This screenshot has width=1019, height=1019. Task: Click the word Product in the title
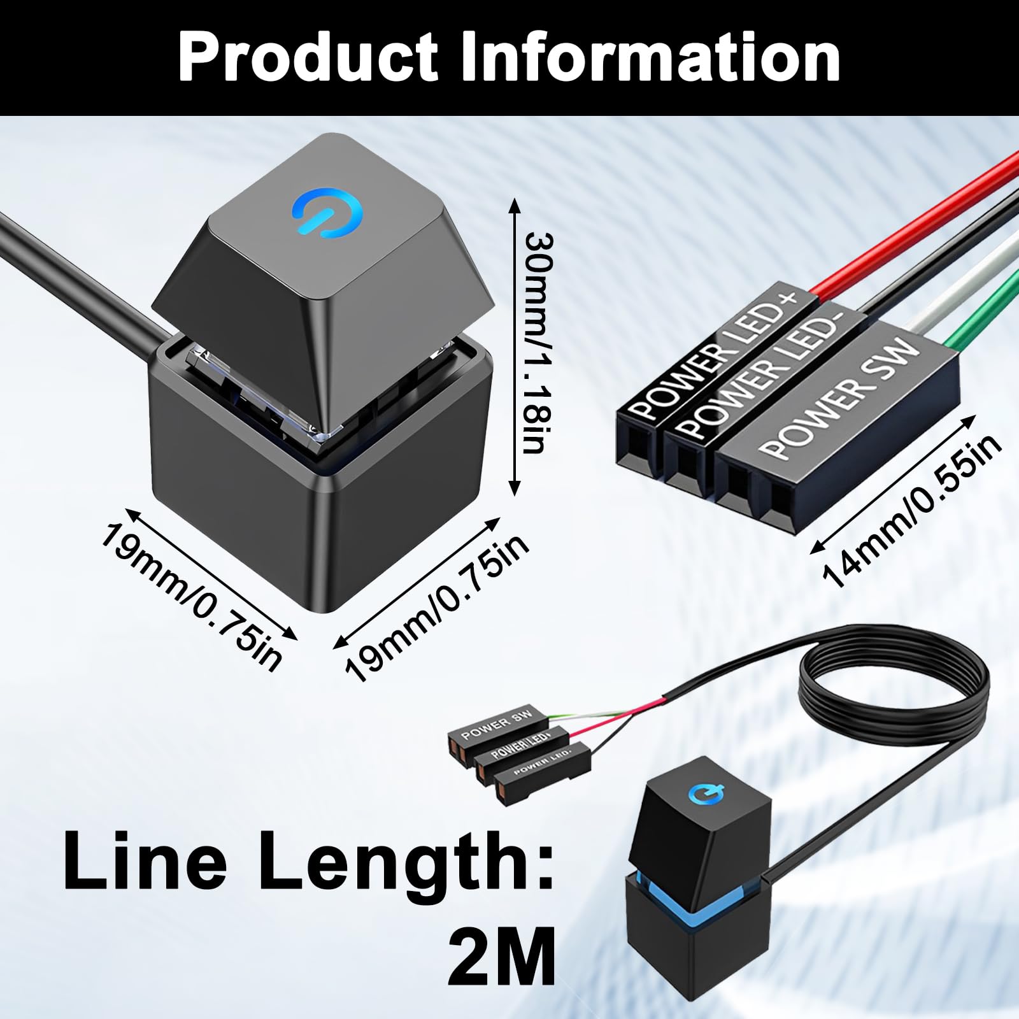point(308,57)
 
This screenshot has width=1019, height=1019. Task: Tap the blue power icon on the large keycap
point(327,212)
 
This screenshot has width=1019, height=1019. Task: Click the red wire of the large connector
point(917,226)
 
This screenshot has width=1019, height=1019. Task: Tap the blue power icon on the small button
point(706,794)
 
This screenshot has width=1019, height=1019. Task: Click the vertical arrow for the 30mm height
point(515,346)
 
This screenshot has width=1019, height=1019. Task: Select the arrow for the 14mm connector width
point(892,484)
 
